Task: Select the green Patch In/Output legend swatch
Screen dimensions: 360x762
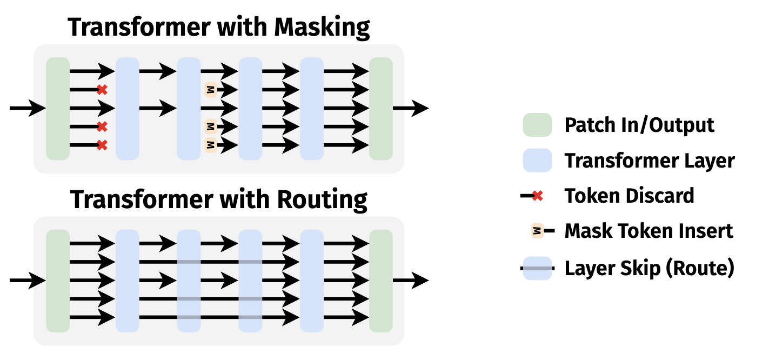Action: point(537,125)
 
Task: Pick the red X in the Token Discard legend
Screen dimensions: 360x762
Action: point(537,196)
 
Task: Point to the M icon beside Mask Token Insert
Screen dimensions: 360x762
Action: point(537,231)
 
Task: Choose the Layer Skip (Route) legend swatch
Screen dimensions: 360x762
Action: point(537,268)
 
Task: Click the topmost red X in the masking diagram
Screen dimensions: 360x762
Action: point(102,90)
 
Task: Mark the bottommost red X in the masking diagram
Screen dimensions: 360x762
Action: point(102,145)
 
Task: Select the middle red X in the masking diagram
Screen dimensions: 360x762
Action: point(102,126)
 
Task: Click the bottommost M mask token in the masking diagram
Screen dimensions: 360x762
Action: point(211,145)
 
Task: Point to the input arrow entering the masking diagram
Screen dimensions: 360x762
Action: point(27,108)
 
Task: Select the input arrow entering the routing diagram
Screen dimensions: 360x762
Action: point(27,281)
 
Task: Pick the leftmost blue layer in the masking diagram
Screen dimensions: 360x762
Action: point(128,108)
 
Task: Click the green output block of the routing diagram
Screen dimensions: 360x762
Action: point(380,281)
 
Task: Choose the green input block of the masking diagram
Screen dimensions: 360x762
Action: point(58,108)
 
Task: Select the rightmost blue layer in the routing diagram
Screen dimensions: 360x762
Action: point(312,281)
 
